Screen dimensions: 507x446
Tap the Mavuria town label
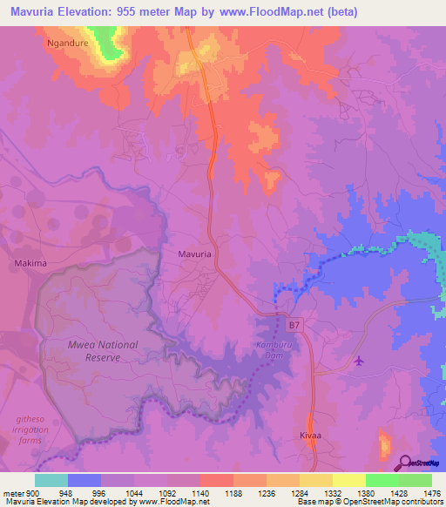point(194,253)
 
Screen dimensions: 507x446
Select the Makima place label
point(29,261)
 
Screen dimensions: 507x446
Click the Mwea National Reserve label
point(104,350)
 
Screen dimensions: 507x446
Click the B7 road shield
point(296,325)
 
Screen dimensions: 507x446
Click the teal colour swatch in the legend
point(51,480)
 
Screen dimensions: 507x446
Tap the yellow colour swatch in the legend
point(348,480)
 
